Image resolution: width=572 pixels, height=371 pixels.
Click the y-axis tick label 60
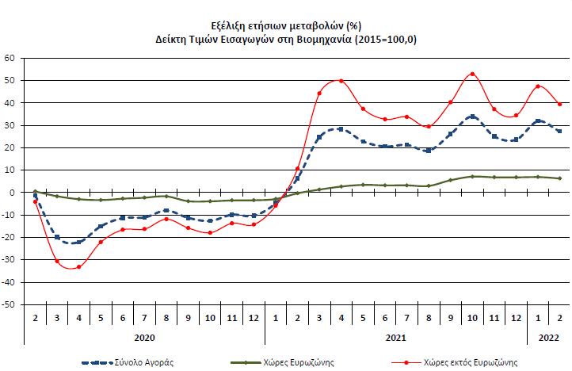pyautogui.click(x=10, y=58)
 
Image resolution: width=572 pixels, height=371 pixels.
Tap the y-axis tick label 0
pyautogui.click(x=12, y=193)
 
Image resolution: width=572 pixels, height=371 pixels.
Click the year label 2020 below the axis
pyautogui.click(x=144, y=337)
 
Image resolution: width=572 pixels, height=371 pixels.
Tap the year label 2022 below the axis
pyautogui.click(x=548, y=337)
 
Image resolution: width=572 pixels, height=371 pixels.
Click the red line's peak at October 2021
pyautogui.click(x=472, y=74)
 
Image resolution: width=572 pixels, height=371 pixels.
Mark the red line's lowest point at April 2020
pyautogui.click(x=78, y=267)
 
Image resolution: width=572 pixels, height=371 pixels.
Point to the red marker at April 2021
pyautogui.click(x=341, y=81)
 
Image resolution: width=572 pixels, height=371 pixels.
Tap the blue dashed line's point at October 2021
pyautogui.click(x=472, y=117)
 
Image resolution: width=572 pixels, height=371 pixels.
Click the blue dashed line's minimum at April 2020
pyautogui.click(x=78, y=243)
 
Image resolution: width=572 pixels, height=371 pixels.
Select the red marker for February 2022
pyautogui.click(x=559, y=104)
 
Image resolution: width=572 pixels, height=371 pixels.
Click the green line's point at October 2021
pyautogui.click(x=472, y=176)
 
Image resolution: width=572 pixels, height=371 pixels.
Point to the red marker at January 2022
pyautogui.click(x=538, y=86)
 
